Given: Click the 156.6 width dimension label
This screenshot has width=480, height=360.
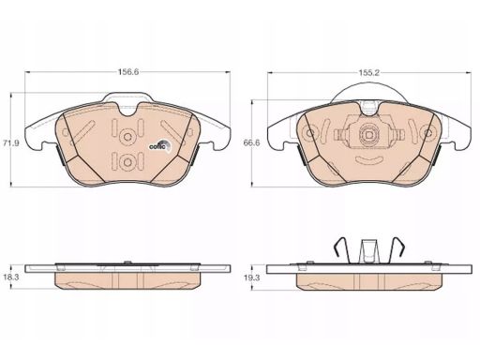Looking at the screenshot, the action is pos(127,72).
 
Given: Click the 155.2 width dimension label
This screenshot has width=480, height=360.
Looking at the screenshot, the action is pos(368,73).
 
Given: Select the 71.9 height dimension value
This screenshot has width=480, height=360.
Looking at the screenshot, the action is pos(11,143).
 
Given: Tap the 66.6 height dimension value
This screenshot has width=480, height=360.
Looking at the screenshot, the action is pos(252,143).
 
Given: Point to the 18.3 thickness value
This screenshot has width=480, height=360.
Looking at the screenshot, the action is pos(11,277).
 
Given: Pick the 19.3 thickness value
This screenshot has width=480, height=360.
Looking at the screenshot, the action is pos(252,277).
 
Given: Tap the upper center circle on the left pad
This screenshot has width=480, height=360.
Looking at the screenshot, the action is pos(127,137).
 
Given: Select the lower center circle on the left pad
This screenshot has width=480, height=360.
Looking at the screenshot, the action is pos(127,162).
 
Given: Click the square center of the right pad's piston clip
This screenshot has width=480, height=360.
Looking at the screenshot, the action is pos(368,135).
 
